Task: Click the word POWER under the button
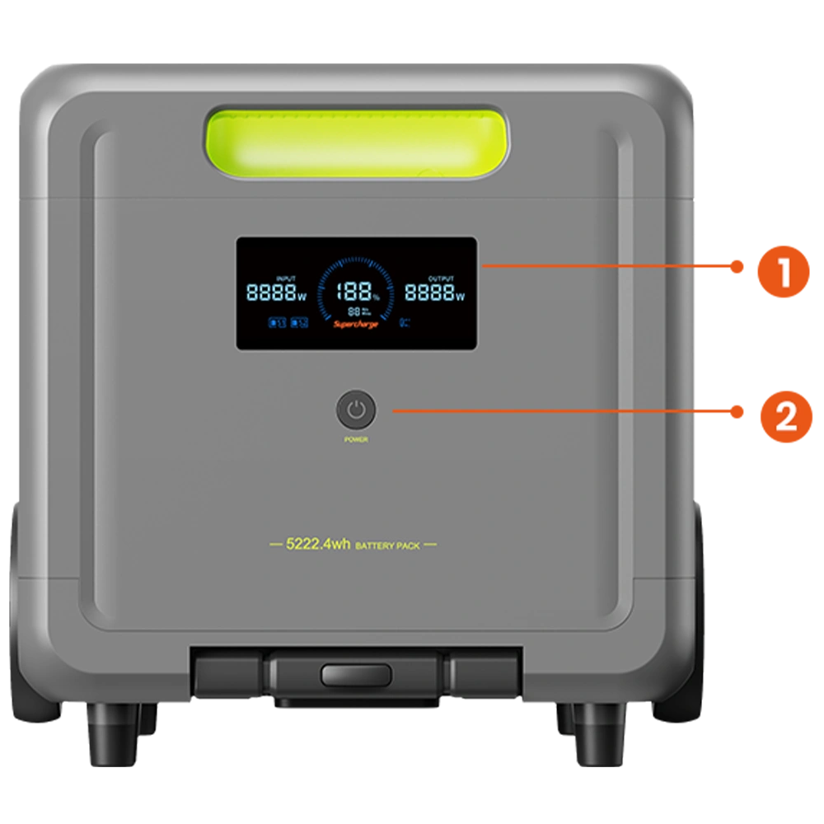[x=356, y=440]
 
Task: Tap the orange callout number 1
[x=784, y=273]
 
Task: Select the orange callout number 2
[x=786, y=419]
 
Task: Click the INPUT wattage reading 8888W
[x=276, y=293]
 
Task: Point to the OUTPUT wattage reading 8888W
[x=434, y=293]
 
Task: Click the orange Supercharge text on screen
[x=356, y=325]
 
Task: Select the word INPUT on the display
[x=286, y=279]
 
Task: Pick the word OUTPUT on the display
[x=442, y=279]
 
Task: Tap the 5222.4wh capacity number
[x=318, y=545]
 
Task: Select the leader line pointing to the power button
[x=544, y=410]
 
